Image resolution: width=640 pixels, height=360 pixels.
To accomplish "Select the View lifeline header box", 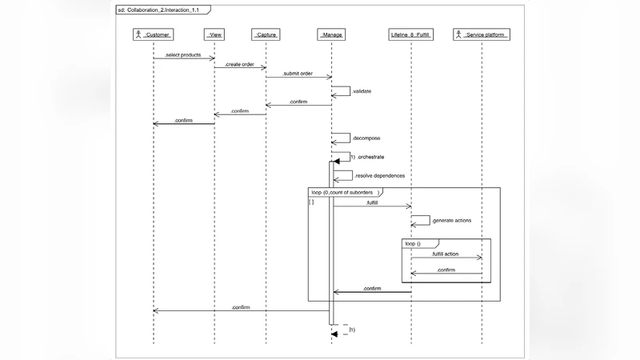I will (x=214, y=35).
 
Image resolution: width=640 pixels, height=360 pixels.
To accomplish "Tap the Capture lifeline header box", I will (x=266, y=35).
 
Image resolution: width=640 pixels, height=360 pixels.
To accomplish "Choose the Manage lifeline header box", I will (x=331, y=35).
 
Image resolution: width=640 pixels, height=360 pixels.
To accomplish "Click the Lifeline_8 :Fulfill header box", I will (x=411, y=35).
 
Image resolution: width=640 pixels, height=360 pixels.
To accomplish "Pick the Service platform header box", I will (x=482, y=35).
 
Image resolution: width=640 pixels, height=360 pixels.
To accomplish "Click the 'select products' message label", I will (x=183, y=54).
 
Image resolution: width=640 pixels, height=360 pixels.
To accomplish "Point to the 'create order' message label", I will (x=239, y=64).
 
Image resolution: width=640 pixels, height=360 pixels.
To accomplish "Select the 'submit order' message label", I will (x=295, y=74).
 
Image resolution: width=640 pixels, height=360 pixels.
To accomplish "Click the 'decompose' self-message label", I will (x=366, y=138).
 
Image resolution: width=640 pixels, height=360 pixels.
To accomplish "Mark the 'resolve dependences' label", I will (x=379, y=175).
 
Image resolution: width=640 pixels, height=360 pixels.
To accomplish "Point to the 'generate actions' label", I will (x=451, y=220).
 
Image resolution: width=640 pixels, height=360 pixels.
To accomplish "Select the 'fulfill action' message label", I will (x=444, y=254).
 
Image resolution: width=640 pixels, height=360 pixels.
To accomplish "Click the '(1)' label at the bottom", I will (x=352, y=330).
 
